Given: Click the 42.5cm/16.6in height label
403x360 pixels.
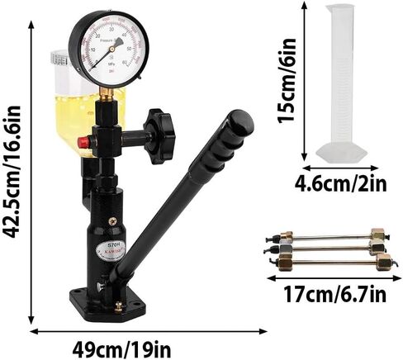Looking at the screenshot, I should click(11, 175).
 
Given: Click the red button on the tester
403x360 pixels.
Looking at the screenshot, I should click(83, 142).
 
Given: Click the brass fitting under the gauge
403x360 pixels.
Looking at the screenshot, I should click(107, 96).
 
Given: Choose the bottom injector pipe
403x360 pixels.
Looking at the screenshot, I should click(330, 263).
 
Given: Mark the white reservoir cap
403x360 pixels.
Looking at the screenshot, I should click(59, 58).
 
